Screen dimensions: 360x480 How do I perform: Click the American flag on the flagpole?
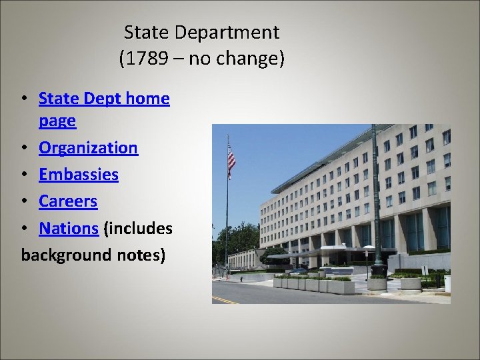click(x=231, y=160)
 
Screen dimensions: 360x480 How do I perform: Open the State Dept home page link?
click(x=104, y=99)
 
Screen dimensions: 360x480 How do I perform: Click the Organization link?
click(x=88, y=147)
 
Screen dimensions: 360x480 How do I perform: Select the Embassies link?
click(x=79, y=175)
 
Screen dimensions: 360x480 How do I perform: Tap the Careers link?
click(x=68, y=201)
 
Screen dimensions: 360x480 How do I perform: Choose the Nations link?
click(x=69, y=228)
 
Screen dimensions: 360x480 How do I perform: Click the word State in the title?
click(x=143, y=32)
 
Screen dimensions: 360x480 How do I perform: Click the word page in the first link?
click(x=57, y=121)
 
